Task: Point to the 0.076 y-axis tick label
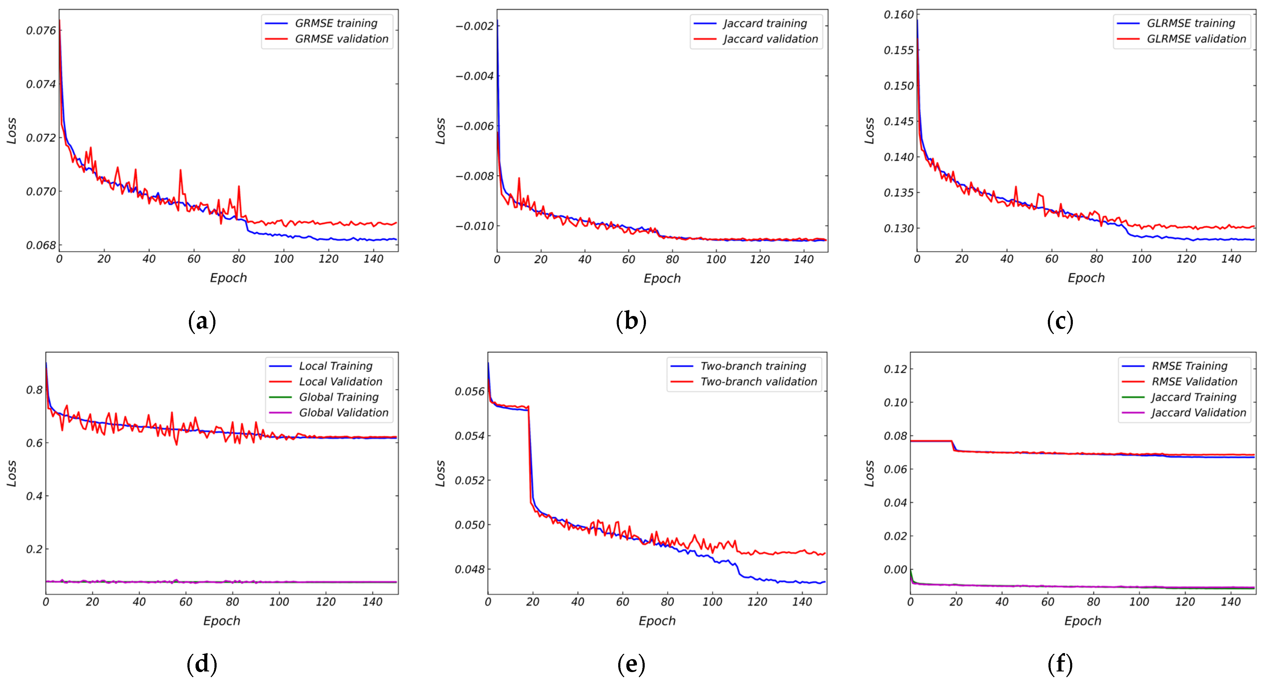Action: pos(41,31)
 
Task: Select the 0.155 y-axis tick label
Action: pos(899,50)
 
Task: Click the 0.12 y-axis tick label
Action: pos(895,369)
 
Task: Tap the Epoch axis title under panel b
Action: pos(662,279)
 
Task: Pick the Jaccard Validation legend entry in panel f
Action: pos(1198,412)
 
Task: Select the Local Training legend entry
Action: pos(335,366)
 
